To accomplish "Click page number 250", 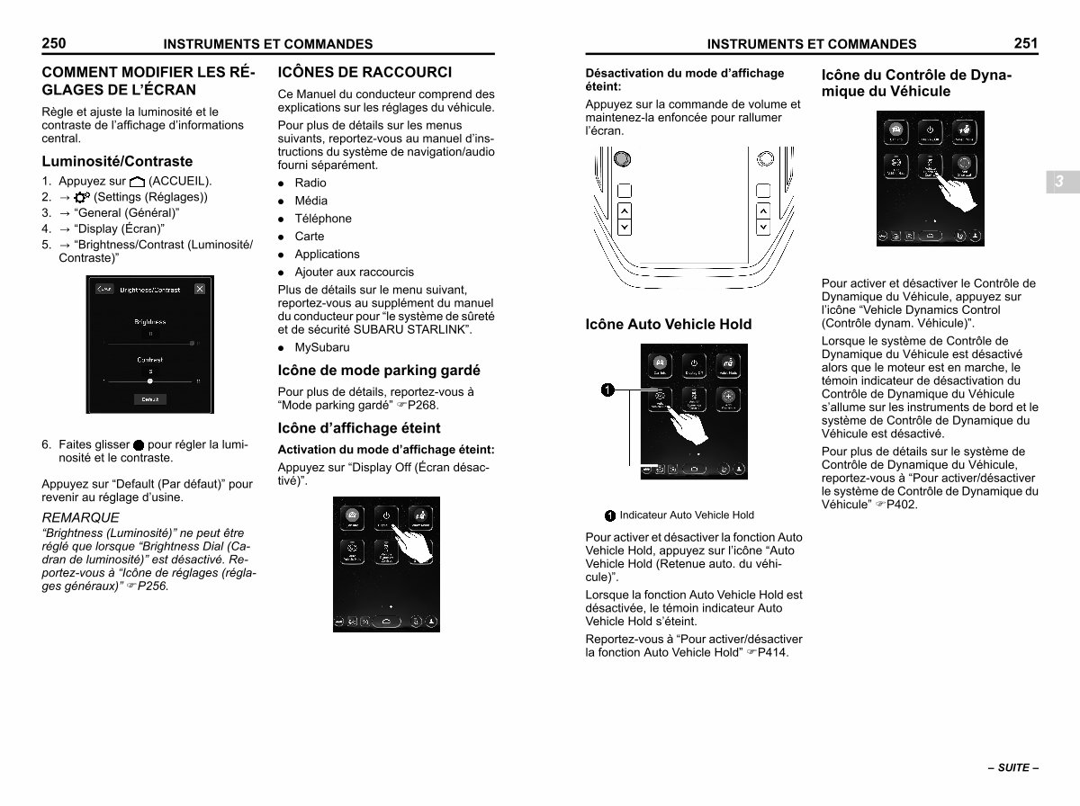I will pyautogui.click(x=54, y=42).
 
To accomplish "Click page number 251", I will pyautogui.click(x=1026, y=42).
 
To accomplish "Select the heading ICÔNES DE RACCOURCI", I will pyautogui.click(x=364, y=73).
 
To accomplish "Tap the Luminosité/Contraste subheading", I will pyautogui.click(x=117, y=162).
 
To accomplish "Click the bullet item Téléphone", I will pyautogui.click(x=323, y=219).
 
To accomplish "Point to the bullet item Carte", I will pyautogui.click(x=309, y=237).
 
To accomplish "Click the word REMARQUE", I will pyautogui.click(x=80, y=518).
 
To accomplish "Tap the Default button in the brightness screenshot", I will pyautogui.click(x=150, y=399).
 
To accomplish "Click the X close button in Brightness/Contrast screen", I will pyautogui.click(x=199, y=289).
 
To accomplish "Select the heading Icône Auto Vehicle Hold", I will pyautogui.click(x=668, y=325).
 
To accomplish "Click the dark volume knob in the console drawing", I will pyautogui.click(x=621, y=159).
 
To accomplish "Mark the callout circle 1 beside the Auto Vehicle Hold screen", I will pyautogui.click(x=608, y=390).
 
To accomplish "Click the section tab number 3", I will pyautogui.click(x=1059, y=182).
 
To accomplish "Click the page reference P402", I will pyautogui.click(x=902, y=505).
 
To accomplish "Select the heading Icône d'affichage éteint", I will pyautogui.click(x=359, y=428).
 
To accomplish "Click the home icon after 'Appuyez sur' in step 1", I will pyautogui.click(x=137, y=182).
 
